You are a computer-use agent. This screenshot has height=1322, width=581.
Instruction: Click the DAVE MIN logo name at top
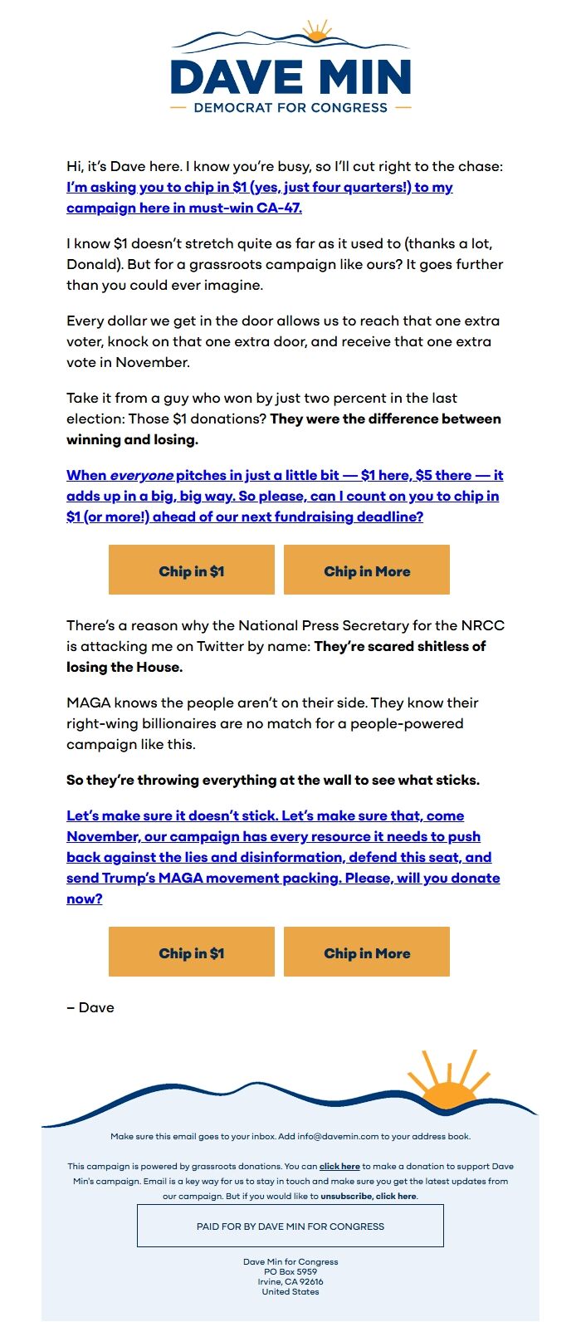point(290,76)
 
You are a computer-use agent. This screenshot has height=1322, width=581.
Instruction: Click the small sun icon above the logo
point(316,32)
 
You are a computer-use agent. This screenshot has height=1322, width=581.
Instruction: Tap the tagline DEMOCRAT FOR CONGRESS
point(290,108)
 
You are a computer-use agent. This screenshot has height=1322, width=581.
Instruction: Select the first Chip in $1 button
point(192,570)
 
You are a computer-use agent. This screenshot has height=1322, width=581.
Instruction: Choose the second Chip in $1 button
point(192,952)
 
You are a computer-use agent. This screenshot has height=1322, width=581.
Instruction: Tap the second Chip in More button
point(367,952)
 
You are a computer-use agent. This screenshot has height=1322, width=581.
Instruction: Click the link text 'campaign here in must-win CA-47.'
point(184,208)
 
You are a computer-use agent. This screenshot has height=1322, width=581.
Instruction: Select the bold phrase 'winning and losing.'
point(132,439)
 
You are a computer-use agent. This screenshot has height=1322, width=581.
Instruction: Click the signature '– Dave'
point(90,1007)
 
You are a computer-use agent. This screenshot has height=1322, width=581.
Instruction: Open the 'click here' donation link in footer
point(339,1166)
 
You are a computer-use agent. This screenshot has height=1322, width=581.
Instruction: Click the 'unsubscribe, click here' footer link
point(369,1196)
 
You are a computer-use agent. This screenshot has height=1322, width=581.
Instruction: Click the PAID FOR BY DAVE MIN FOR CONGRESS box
point(290,1226)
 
